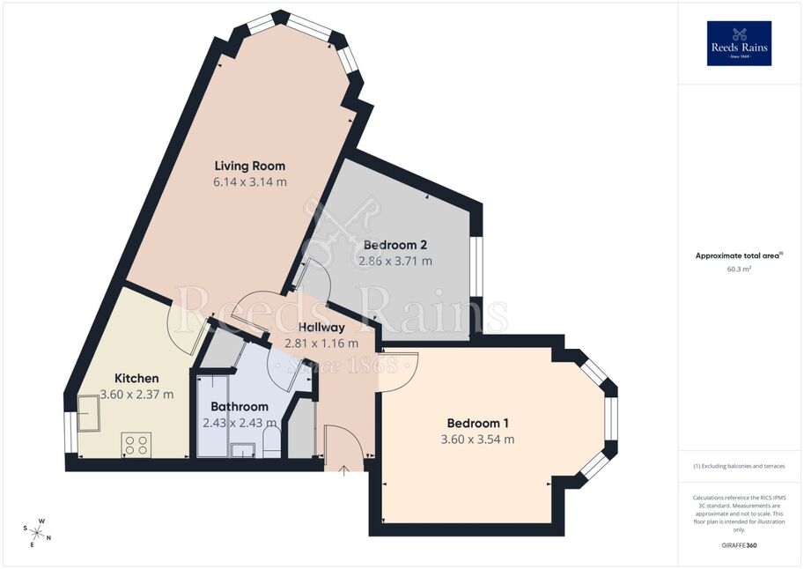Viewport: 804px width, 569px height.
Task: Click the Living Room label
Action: click(x=250, y=166)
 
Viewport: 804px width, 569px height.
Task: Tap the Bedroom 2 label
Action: click(x=395, y=245)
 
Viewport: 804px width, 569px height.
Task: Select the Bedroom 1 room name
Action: click(x=478, y=424)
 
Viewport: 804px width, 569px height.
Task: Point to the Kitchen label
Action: click(x=136, y=378)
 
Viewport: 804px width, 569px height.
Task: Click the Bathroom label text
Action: click(x=240, y=406)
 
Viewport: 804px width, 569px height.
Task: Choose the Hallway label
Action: click(x=321, y=327)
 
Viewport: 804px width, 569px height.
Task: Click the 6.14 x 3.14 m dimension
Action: click(x=250, y=181)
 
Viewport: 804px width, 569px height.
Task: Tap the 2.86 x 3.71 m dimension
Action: click(x=395, y=261)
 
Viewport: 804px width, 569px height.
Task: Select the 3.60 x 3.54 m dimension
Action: click(x=478, y=440)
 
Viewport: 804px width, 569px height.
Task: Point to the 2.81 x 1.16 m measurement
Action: click(x=321, y=344)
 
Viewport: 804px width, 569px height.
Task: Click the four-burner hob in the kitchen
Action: click(x=136, y=444)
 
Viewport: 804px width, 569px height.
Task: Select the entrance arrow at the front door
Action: click(x=343, y=471)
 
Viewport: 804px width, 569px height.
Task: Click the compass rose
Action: click(x=37, y=532)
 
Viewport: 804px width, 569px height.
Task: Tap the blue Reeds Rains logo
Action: click(x=739, y=43)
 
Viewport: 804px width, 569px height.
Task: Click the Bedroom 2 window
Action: click(x=477, y=266)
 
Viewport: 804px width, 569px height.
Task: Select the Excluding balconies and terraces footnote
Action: click(x=739, y=466)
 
